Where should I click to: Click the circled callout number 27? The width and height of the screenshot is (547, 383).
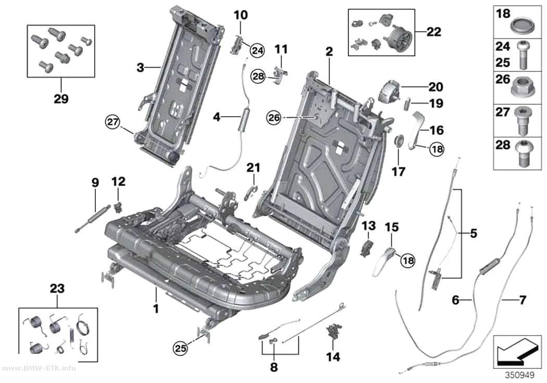coord(113,122)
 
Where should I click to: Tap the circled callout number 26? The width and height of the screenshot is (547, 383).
coord(274,118)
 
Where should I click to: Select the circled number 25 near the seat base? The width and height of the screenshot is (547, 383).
coord(180,349)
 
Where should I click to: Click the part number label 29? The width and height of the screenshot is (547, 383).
coord(61,98)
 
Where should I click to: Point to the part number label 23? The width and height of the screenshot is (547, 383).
coord(57,289)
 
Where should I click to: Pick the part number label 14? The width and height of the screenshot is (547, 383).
coord(333,356)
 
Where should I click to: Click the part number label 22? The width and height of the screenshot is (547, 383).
coord(433,32)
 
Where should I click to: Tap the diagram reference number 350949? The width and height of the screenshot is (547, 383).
coord(520,375)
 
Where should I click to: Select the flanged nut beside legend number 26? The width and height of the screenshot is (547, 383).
coord(523,87)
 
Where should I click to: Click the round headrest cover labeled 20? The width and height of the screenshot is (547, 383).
coord(390,92)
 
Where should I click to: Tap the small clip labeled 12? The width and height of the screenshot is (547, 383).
coord(119,207)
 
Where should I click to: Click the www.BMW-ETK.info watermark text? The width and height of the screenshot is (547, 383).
coord(39,368)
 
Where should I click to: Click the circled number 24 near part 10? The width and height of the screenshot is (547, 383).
coord(257,51)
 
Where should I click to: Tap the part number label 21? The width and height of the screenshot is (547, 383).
coord(254,168)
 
